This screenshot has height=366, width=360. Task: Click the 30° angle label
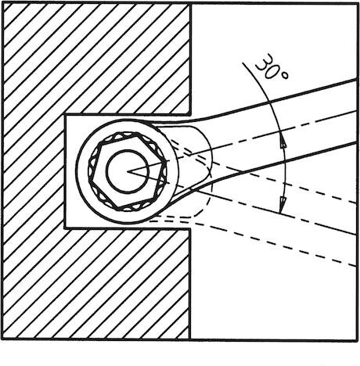click(x=272, y=66)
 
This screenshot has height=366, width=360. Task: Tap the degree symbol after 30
click(x=285, y=75)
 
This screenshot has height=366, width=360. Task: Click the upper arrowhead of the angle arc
click(x=283, y=142)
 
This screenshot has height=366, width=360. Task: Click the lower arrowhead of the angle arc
click(x=282, y=205)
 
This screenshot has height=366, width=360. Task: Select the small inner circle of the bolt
click(x=128, y=171)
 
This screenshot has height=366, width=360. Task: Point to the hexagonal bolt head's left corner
click(x=89, y=179)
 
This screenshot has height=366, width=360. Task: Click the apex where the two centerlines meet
click(x=128, y=171)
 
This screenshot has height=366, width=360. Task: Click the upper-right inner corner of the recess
click(x=190, y=115)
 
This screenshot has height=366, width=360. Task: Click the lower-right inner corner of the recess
click(x=190, y=229)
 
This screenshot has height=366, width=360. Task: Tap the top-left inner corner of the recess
click(x=65, y=115)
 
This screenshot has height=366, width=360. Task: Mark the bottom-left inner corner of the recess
click(x=65, y=228)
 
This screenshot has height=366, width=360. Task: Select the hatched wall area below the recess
click(x=96, y=284)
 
